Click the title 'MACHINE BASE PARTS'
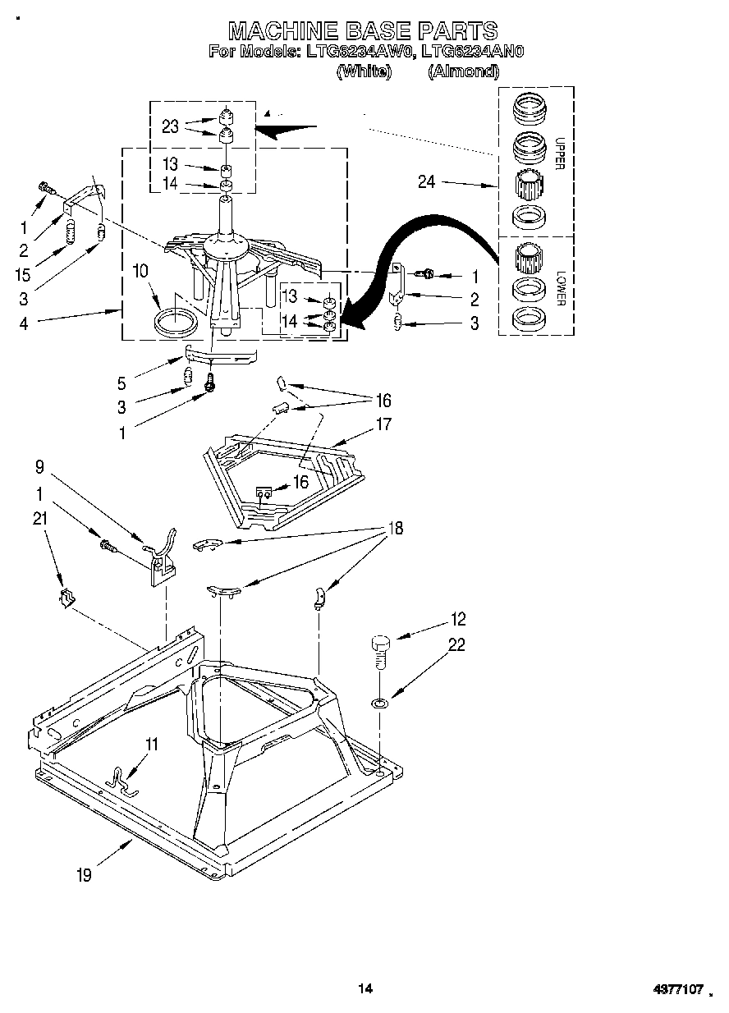pyautogui.click(x=362, y=30)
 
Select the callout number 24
pyautogui.click(x=426, y=182)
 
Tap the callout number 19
pyautogui.click(x=84, y=876)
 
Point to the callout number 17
pyautogui.click(x=383, y=424)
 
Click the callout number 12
pyautogui.click(x=458, y=620)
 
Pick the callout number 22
pyautogui.click(x=456, y=645)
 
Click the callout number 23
pyautogui.click(x=170, y=126)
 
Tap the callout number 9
pyautogui.click(x=39, y=468)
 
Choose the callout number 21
pyautogui.click(x=39, y=518)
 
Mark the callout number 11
pyautogui.click(x=152, y=744)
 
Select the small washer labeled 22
pyautogui.click(x=378, y=704)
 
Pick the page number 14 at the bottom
pyautogui.click(x=365, y=989)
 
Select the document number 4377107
pyautogui.click(x=679, y=990)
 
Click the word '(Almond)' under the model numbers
pyautogui.click(x=463, y=71)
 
